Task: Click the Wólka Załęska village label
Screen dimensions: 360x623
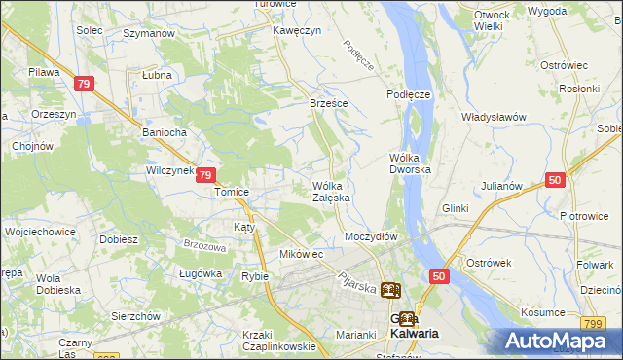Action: point(331,192)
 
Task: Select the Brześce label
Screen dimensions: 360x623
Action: point(329,102)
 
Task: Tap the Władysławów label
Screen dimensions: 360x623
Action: point(494,117)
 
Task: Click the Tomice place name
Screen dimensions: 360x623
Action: point(232,192)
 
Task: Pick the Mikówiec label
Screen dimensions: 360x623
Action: point(301,254)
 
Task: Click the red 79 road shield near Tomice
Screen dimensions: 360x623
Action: point(205,176)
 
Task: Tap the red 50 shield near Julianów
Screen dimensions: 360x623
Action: point(555,180)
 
